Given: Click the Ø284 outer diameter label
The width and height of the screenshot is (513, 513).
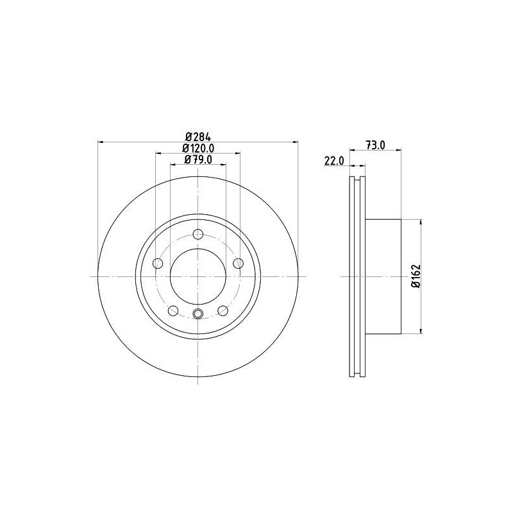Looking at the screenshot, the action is [198, 137].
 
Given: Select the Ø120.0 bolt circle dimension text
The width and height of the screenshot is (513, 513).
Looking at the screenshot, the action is [198, 148].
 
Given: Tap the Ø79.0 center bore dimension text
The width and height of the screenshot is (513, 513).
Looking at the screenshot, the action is [198, 159].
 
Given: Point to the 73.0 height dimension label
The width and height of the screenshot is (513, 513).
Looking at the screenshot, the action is [375, 146].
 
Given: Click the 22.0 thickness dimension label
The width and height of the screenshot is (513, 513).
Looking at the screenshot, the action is [334, 161].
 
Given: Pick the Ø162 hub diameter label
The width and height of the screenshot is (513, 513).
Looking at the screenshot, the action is [416, 276].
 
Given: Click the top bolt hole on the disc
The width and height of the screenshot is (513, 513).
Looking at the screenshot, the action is [198, 234].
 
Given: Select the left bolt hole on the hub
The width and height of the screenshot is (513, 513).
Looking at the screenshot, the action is [158, 263].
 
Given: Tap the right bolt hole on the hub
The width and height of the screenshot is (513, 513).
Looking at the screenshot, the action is [238, 263].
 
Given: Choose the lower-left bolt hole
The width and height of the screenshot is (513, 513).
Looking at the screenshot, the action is [172, 310].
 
